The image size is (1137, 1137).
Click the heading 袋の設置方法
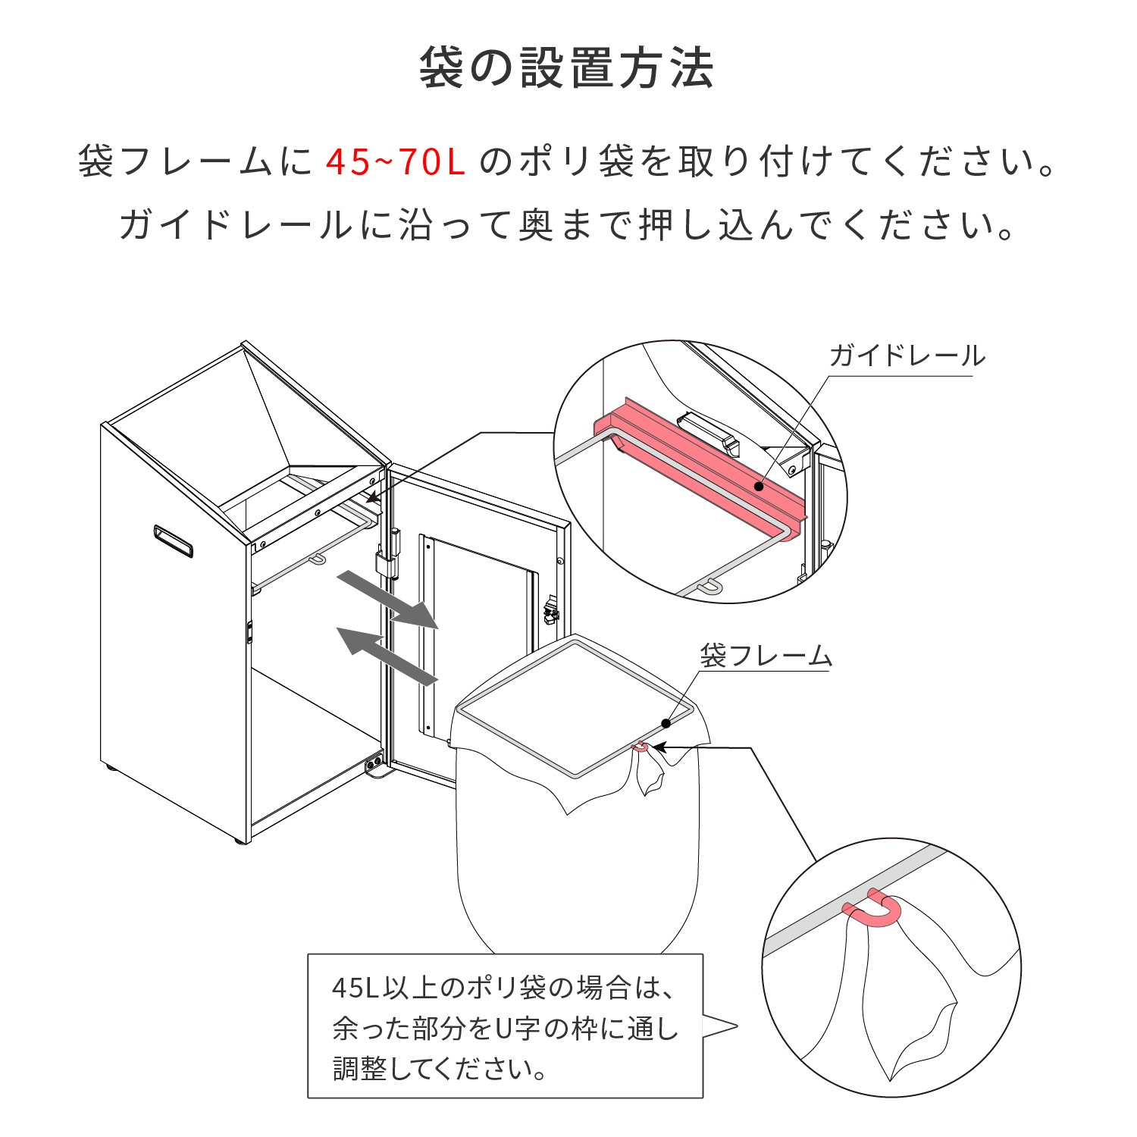coord(566,68)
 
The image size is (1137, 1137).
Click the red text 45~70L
coord(395,161)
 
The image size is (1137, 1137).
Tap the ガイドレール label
coord(907,356)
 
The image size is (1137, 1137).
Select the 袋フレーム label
coord(766,656)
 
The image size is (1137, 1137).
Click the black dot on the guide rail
coord(759,486)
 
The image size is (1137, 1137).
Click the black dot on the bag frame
coord(666,723)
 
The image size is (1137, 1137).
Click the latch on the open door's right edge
coord(551,610)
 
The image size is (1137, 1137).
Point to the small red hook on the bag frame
coord(641,747)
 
